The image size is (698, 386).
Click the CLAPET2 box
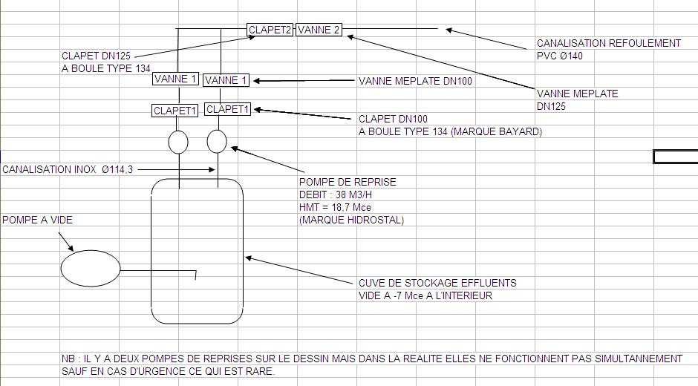tap(270, 30)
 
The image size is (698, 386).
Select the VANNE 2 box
tap(319, 30)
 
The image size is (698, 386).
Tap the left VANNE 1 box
tap(175, 79)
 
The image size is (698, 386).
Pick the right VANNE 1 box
tap(226, 80)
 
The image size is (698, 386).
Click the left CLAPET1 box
tap(175, 111)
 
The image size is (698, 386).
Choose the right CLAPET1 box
tap(228, 109)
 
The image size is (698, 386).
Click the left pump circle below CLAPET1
tap(178, 142)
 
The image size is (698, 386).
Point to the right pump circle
tap(216, 141)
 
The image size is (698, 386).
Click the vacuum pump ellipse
tap(90, 268)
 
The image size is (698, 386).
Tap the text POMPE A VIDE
tap(37, 220)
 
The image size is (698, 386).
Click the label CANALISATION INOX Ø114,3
tap(68, 170)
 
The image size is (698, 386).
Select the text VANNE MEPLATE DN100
tap(415, 81)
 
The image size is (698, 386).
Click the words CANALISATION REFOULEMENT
tap(608, 43)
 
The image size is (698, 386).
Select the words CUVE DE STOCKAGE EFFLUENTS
tap(437, 283)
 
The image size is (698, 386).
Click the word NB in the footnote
tap(68, 359)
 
